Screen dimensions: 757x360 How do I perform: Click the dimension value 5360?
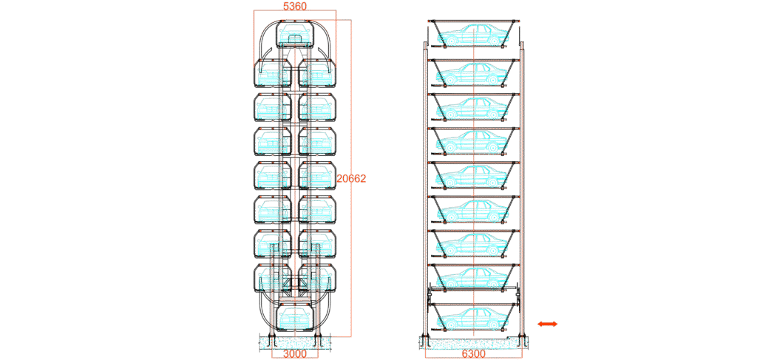click(295, 6)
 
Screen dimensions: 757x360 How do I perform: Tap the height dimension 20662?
click(351, 179)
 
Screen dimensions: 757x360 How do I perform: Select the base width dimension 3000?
click(295, 353)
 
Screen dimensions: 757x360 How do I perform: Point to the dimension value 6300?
click(473, 353)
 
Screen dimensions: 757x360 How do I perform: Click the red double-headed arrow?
click(548, 324)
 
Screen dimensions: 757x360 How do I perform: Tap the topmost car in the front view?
click(295, 34)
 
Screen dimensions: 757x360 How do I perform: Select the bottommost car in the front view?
click(295, 318)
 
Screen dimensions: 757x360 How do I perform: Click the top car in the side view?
click(474, 35)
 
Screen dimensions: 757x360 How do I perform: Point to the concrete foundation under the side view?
click(473, 342)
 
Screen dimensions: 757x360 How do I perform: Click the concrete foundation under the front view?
click(295, 342)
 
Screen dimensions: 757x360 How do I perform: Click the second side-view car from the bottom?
click(474, 278)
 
